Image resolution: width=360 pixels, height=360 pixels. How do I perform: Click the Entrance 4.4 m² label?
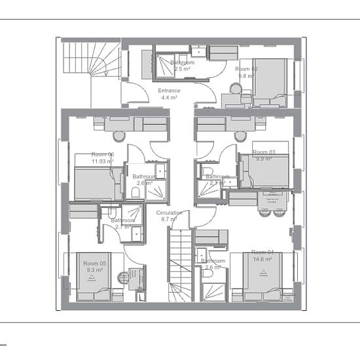click(169, 94)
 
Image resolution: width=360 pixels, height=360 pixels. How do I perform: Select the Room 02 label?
click(247, 72)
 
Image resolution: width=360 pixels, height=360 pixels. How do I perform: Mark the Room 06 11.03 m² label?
click(102, 157)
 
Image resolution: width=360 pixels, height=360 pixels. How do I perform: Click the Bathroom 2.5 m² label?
click(181, 65)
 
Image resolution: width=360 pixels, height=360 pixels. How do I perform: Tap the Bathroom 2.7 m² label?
click(123, 224)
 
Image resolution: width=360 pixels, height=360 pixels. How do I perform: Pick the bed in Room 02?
click(270, 82)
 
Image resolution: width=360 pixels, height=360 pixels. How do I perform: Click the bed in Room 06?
click(98, 183)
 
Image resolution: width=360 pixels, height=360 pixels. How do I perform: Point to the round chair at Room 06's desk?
click(119, 136)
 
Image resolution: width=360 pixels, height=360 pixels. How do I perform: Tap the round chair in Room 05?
click(122, 278)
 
